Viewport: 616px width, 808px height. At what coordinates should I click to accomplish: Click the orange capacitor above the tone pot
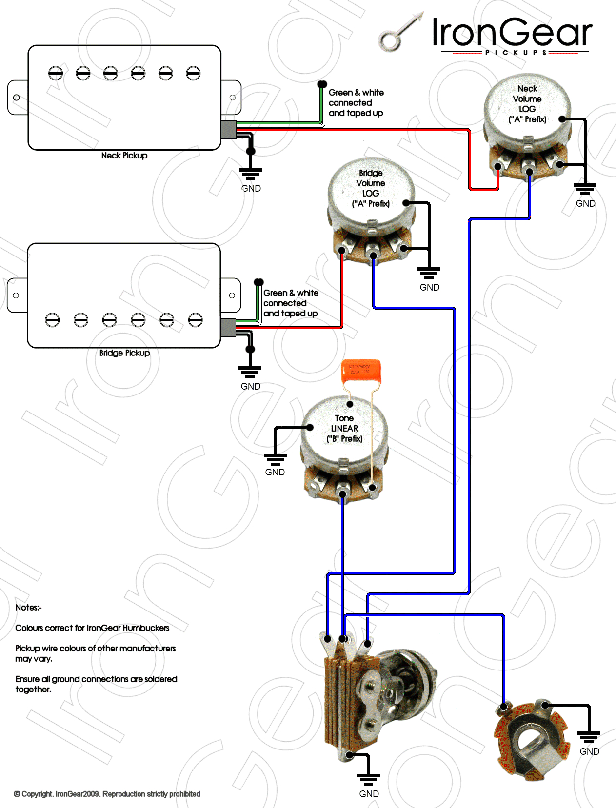coord(360,370)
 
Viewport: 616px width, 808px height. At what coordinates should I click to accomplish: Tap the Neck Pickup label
coord(124,156)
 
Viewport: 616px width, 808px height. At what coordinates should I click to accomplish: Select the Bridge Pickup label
coord(124,353)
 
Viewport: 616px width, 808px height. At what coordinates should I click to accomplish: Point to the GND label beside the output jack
coord(589,751)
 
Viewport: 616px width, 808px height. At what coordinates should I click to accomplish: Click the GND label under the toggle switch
coord(369,794)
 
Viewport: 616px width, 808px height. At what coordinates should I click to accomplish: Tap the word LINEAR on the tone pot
coord(344,429)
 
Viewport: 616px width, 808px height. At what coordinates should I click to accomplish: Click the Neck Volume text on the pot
coord(527,94)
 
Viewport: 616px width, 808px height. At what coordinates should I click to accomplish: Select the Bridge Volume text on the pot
coord(371,178)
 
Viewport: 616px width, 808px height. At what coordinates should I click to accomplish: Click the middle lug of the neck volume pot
coord(529,170)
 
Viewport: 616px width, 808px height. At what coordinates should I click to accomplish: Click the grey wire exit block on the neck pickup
coord(228,130)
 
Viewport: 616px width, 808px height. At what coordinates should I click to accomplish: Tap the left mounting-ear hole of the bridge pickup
coord(16,296)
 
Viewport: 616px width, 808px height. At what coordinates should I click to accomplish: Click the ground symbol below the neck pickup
coord(251,173)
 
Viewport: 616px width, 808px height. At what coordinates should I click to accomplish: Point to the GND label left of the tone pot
coord(275,472)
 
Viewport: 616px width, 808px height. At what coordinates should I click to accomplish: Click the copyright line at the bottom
coord(107,794)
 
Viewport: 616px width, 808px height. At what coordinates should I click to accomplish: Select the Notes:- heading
coord(28,608)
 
